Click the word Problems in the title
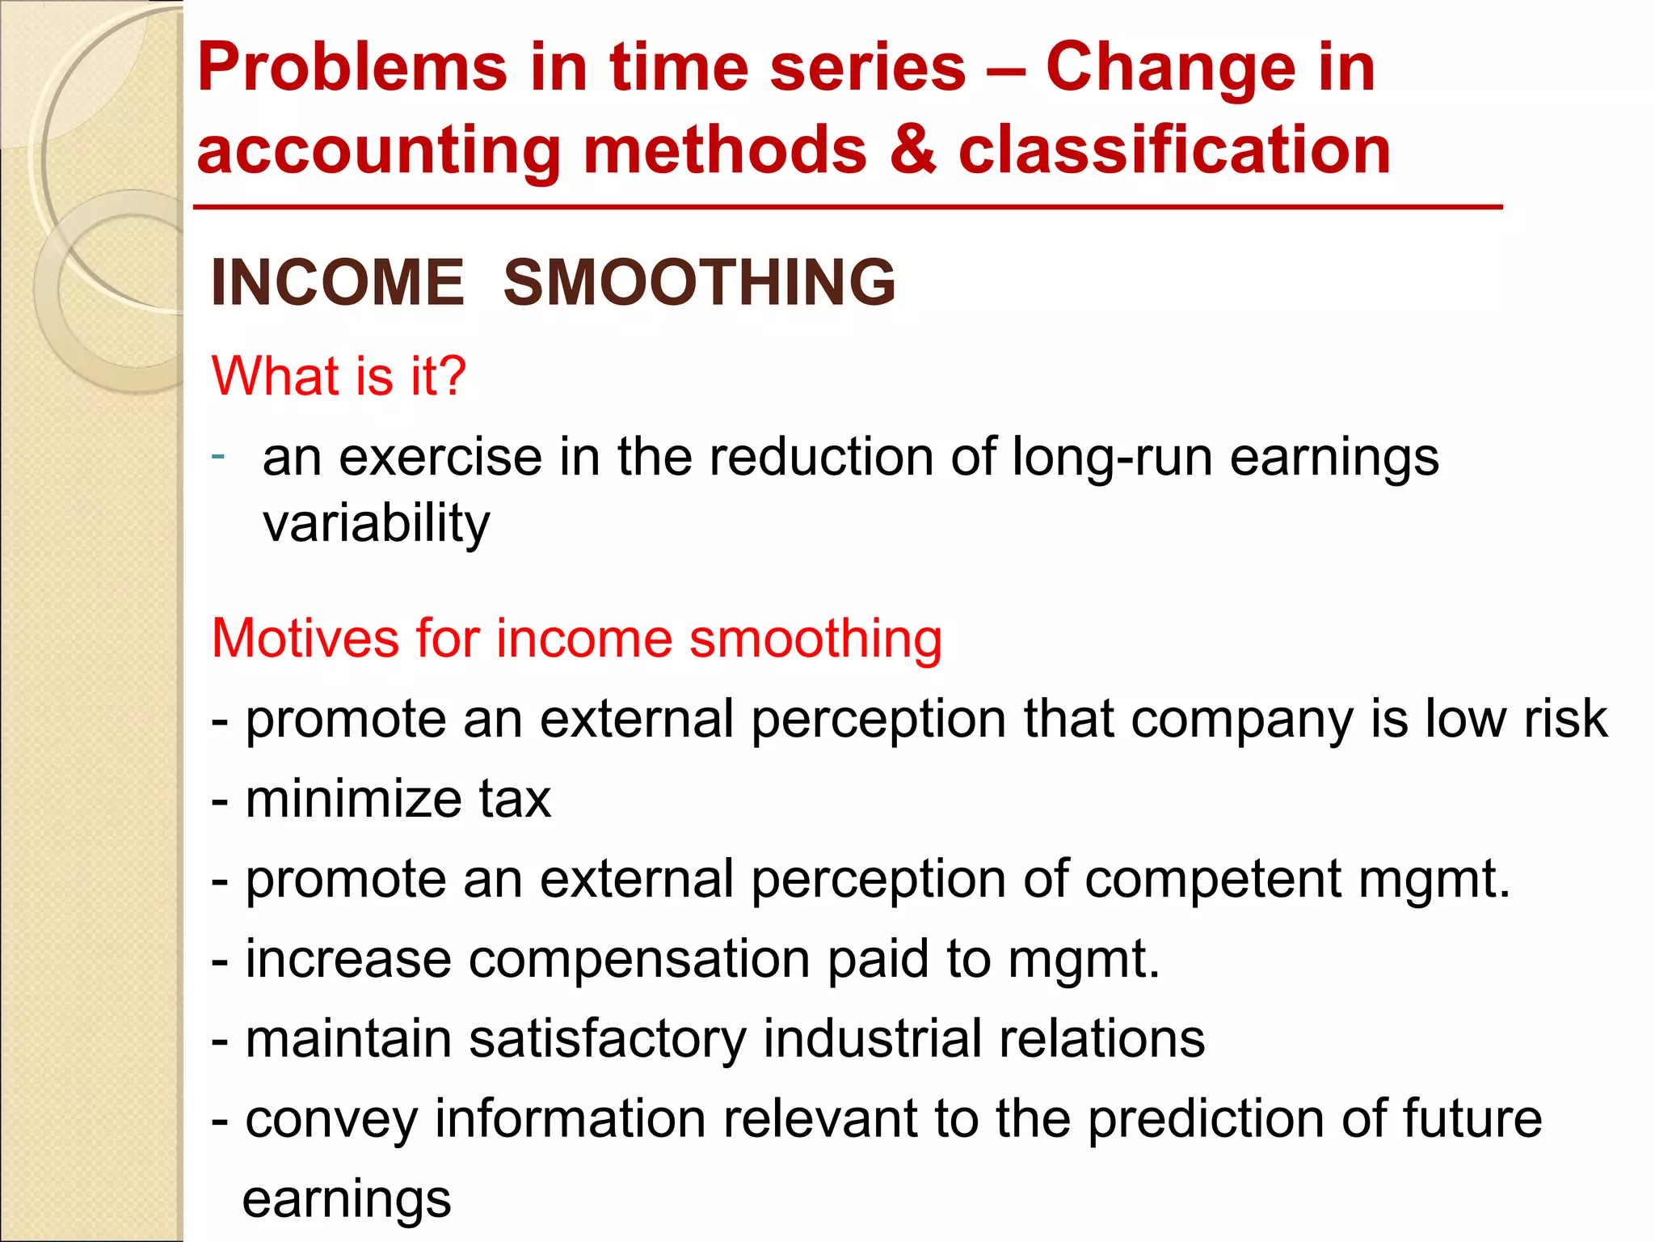352,69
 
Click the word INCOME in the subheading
338,282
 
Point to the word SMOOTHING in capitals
699,282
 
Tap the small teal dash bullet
217,456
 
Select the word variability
377,524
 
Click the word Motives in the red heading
305,639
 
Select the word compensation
639,959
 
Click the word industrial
872,1039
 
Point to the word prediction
1205,1119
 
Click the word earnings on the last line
347,1200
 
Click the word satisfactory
608,1039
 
